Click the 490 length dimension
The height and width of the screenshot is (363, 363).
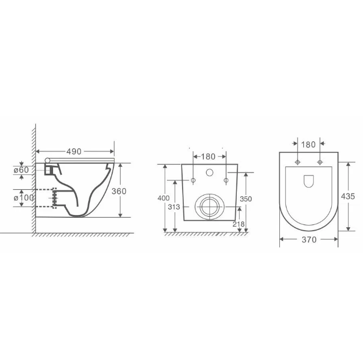pyautogui.click(x=74, y=152)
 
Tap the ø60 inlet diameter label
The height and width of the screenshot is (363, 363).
pyautogui.click(x=21, y=170)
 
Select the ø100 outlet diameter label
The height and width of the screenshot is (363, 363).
pyautogui.click(x=24, y=198)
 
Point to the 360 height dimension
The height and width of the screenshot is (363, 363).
pyautogui.click(x=119, y=191)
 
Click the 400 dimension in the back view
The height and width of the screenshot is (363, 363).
pyautogui.click(x=164, y=198)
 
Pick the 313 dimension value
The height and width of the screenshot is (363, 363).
pyautogui.click(x=174, y=207)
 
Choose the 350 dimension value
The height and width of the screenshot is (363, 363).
pyautogui.click(x=246, y=199)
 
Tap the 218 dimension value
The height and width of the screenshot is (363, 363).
pyautogui.click(x=238, y=224)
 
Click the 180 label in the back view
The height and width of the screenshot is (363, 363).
pyautogui.click(x=208, y=157)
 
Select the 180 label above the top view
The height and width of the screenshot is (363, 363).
pyautogui.click(x=308, y=145)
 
